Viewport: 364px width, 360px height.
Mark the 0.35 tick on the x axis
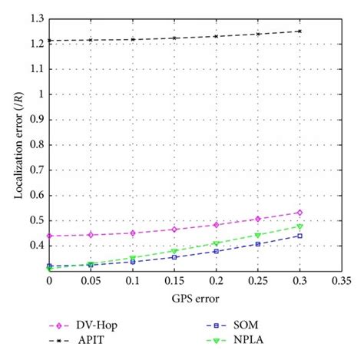341,281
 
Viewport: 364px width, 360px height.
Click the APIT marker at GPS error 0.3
299,31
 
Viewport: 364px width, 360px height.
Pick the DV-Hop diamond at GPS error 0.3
299,213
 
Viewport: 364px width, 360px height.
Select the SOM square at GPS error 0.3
299,236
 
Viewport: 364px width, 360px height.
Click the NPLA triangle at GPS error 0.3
299,226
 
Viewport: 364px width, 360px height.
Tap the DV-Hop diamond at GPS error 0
50,236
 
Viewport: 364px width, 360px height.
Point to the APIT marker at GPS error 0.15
174,38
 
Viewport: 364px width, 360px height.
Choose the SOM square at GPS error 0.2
217,251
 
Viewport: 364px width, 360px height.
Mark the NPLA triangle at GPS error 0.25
258,235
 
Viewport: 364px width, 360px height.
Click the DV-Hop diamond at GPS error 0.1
133,233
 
